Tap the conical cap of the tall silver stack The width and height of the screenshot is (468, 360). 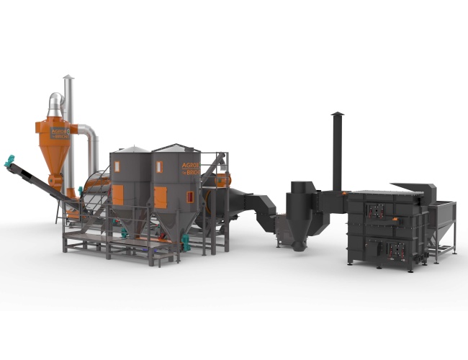point(68,77)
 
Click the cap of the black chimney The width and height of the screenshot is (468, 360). point(337,114)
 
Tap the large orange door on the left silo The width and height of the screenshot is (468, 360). point(117,194)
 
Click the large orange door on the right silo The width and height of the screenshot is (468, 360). point(160,197)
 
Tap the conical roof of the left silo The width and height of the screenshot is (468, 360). point(130,149)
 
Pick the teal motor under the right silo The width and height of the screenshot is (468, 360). point(186,243)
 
